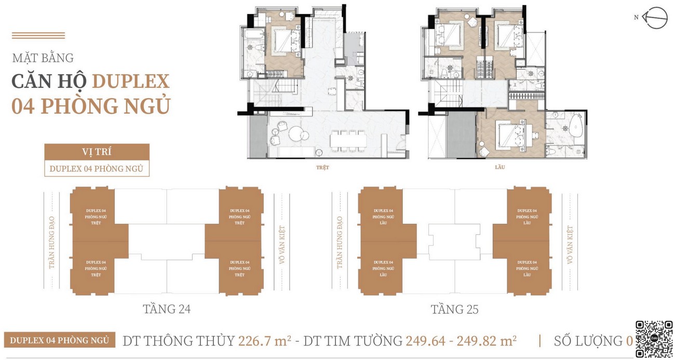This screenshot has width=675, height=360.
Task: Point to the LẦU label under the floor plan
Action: point(500,168)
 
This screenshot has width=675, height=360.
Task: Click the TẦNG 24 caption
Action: point(167,310)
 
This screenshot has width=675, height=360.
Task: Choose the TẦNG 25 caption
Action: point(454,310)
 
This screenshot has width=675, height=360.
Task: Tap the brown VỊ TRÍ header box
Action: point(97,152)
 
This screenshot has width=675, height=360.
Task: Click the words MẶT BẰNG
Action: point(43,58)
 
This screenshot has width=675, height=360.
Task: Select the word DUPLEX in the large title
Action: point(131,82)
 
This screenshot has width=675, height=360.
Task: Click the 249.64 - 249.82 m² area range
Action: point(461,341)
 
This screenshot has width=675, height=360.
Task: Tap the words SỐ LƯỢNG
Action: point(588,341)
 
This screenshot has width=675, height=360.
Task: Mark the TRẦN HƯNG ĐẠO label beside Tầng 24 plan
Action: point(52,243)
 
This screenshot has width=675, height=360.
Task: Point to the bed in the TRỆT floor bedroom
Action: point(283,40)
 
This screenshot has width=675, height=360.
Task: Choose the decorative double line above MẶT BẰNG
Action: point(38,36)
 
